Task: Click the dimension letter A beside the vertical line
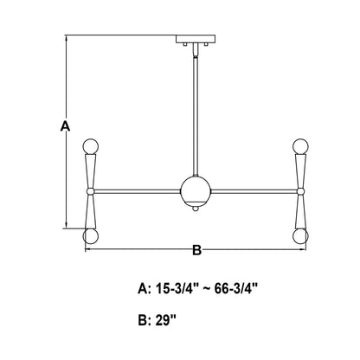pos(64,127)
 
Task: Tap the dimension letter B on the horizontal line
pos(196,251)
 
